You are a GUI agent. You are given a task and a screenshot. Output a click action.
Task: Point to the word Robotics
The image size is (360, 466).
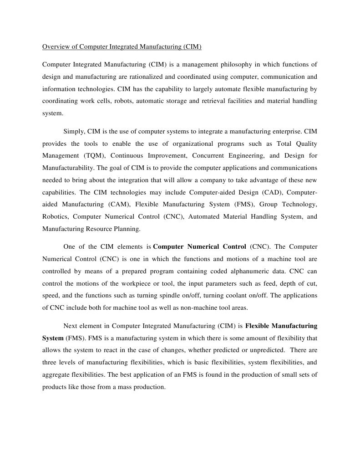pyautogui.click(x=56, y=217)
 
